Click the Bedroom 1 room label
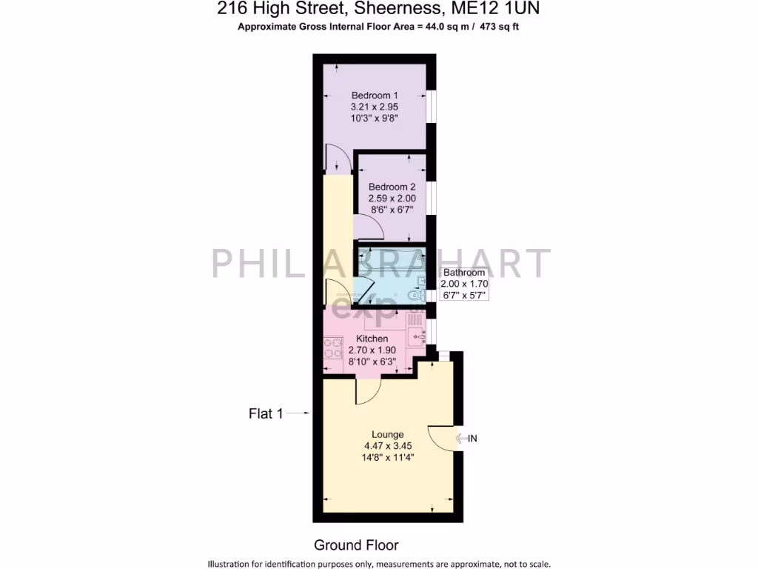click(375, 96)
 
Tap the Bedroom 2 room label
click(392, 187)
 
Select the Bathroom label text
click(464, 273)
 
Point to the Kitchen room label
click(372, 339)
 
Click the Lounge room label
click(388, 434)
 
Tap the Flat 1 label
click(266, 414)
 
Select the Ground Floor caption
click(356, 545)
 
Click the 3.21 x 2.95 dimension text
click(375, 107)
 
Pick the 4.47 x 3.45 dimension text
click(388, 446)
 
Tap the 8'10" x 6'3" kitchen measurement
click(372, 362)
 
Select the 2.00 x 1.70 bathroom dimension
click(464, 284)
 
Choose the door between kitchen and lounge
click(368, 390)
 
